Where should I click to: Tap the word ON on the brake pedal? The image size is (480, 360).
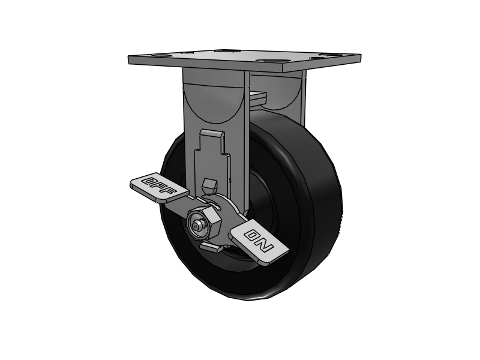pyautogui.click(x=260, y=239)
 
